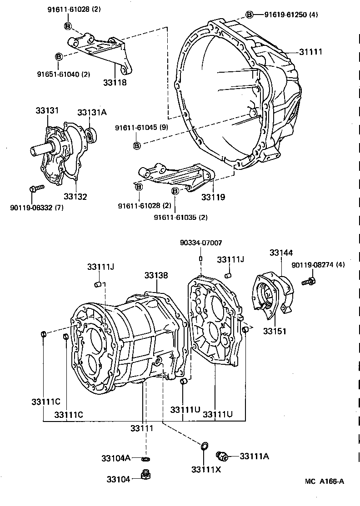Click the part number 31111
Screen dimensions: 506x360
(x=310, y=52)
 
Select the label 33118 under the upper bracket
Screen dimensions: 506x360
(x=115, y=82)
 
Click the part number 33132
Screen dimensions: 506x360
(x=75, y=197)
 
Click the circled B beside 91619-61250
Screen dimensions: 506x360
(x=249, y=15)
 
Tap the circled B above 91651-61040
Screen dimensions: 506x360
(x=58, y=56)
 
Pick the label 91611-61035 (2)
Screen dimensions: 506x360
(x=181, y=217)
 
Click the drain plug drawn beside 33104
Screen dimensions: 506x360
(x=146, y=476)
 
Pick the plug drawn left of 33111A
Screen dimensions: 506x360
(x=222, y=455)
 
